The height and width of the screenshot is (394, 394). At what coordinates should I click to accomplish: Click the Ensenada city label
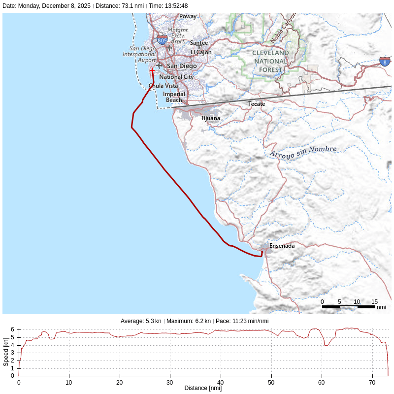click(282, 245)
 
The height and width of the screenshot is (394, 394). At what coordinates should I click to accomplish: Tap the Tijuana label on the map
click(210, 118)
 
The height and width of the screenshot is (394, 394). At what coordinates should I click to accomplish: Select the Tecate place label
click(257, 104)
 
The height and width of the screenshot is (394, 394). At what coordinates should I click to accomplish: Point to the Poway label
click(188, 16)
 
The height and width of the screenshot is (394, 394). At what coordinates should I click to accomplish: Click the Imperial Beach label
click(174, 97)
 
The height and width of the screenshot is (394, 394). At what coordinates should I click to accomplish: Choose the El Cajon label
click(201, 52)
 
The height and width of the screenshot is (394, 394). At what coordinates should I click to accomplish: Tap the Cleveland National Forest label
click(270, 61)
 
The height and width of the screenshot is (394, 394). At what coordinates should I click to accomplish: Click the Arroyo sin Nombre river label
click(303, 152)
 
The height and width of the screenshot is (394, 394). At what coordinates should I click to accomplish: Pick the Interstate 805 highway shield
click(162, 40)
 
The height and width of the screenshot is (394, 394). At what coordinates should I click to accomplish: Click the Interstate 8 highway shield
click(385, 62)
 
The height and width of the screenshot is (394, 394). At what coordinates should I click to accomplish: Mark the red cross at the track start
click(152, 70)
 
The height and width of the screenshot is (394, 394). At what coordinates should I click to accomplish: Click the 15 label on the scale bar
click(374, 302)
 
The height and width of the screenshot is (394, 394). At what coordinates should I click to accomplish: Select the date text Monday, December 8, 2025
click(54, 6)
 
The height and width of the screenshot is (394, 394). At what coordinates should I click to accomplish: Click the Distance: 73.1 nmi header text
click(119, 6)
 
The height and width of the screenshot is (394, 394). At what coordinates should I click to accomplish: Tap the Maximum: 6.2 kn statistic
click(189, 321)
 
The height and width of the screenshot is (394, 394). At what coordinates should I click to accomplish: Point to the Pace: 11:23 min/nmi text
click(242, 321)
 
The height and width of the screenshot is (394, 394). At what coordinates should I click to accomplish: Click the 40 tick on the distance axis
click(220, 382)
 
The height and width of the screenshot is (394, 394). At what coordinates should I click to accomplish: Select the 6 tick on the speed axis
click(12, 330)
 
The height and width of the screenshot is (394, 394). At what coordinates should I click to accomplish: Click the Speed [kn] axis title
click(6, 353)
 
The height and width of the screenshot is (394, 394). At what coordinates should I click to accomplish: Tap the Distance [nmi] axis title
click(203, 388)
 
